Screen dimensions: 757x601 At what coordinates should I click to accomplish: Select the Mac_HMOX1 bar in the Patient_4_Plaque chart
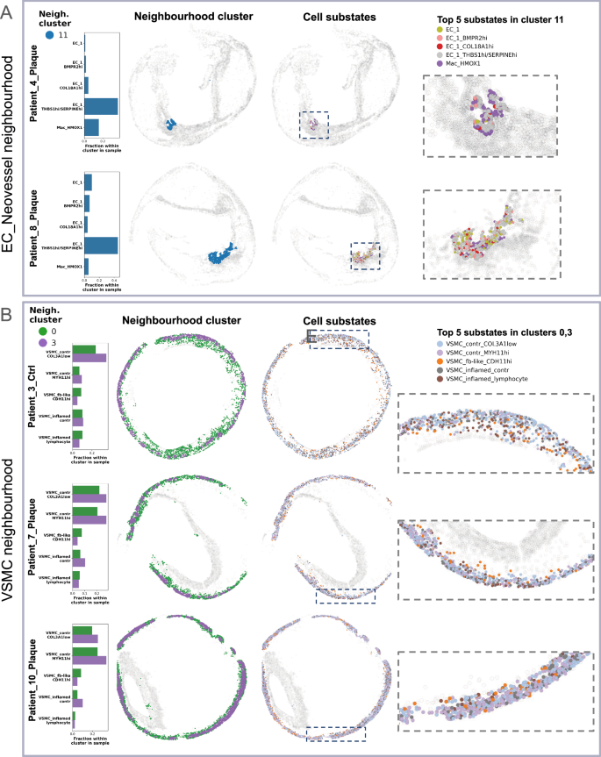(x=91, y=127)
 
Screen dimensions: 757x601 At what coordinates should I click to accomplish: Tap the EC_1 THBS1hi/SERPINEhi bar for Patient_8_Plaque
(x=101, y=246)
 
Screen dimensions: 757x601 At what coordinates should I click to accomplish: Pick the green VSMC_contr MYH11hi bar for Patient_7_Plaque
(x=84, y=511)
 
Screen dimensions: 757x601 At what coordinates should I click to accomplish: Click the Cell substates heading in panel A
(x=312, y=18)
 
